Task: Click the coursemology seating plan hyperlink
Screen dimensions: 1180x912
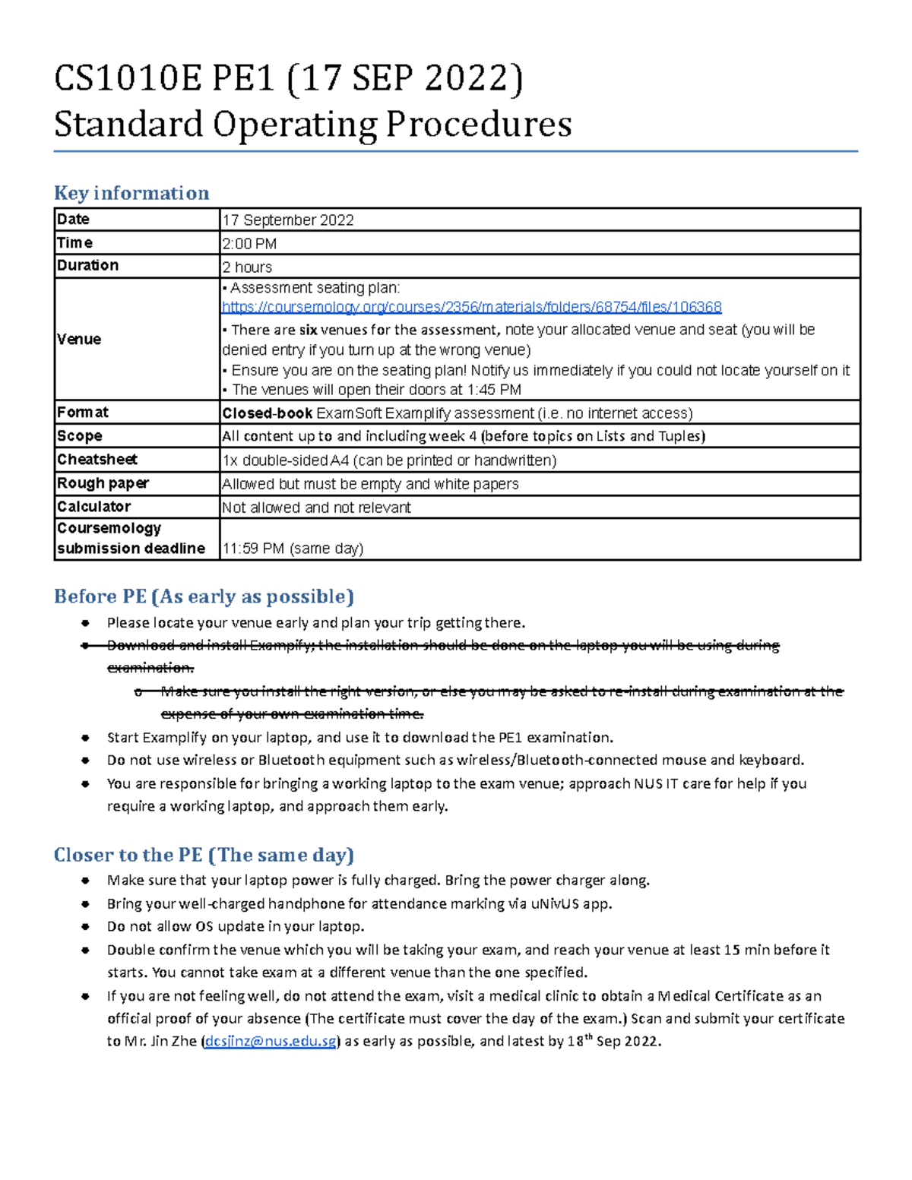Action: tap(471, 307)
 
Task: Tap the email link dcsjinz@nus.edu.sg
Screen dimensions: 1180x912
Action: tap(271, 1041)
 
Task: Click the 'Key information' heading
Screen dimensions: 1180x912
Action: tap(131, 193)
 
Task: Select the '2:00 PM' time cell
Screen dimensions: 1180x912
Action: tap(249, 244)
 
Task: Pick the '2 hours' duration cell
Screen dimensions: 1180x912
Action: tap(247, 267)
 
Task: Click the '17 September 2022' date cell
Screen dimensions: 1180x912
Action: tap(287, 220)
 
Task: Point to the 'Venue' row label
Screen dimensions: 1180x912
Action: tap(79, 339)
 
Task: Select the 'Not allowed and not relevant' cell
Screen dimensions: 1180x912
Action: tap(316, 508)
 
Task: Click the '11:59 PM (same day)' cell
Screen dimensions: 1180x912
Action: tap(293, 549)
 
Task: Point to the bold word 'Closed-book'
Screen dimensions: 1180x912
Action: tap(267, 413)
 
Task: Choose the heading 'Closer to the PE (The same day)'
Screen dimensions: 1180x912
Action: tap(204, 855)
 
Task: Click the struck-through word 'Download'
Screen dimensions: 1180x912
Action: tap(142, 645)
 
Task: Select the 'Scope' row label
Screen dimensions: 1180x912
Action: tap(79, 436)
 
